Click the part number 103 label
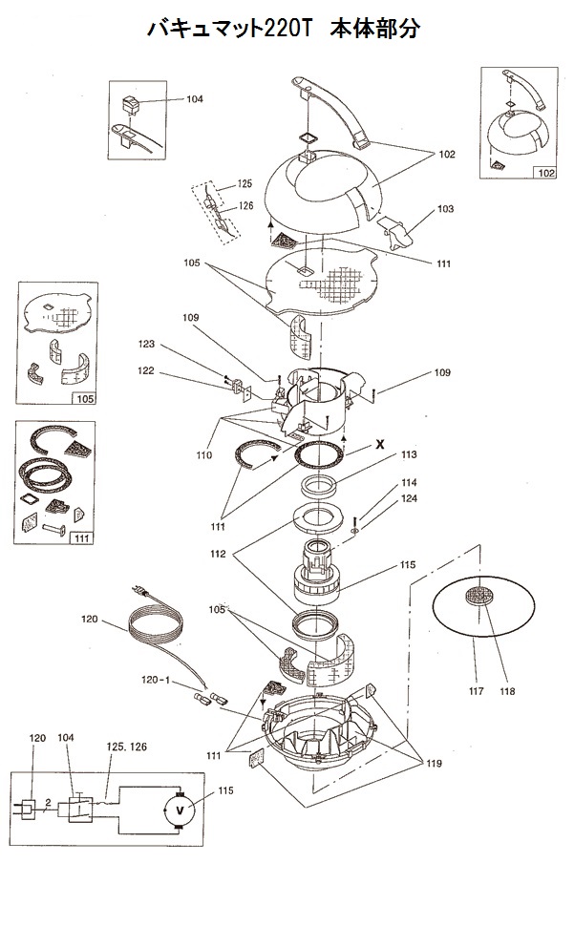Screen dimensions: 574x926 point(446,208)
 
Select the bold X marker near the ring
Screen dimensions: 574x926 point(380,444)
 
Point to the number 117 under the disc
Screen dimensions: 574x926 point(476,691)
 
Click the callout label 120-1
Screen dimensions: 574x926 point(156,680)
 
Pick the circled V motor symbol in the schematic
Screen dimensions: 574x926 point(181,810)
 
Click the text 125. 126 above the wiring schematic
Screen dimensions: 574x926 point(126,747)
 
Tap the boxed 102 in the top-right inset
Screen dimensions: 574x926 point(545,173)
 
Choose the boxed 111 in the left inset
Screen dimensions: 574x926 point(81,538)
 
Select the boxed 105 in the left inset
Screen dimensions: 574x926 point(85,399)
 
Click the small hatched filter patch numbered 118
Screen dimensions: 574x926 point(478,595)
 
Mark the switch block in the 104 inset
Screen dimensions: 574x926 point(130,105)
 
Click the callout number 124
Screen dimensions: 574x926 point(409,498)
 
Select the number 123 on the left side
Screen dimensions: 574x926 point(146,344)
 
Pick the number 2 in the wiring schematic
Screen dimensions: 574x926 point(49,803)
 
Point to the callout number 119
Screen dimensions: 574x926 point(434,764)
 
